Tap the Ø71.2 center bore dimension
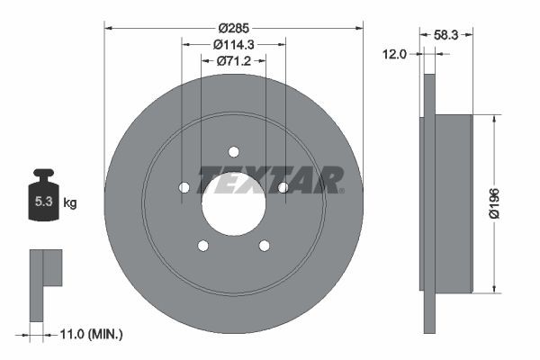233,61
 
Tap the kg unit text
70,203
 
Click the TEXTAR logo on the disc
270,180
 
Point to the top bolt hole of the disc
233,151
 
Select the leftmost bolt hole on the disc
184,187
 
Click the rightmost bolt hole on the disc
283,187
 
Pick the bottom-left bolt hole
203,245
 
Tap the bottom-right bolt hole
264,245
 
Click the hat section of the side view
453,203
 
